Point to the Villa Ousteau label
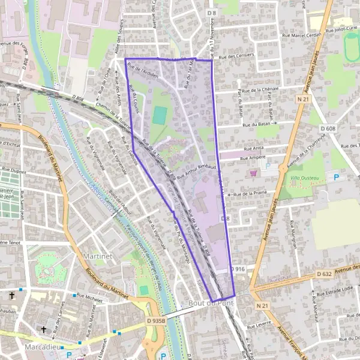(306, 178)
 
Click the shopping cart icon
(254, 173)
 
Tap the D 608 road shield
(328, 128)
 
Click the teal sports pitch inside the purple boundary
(159, 115)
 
